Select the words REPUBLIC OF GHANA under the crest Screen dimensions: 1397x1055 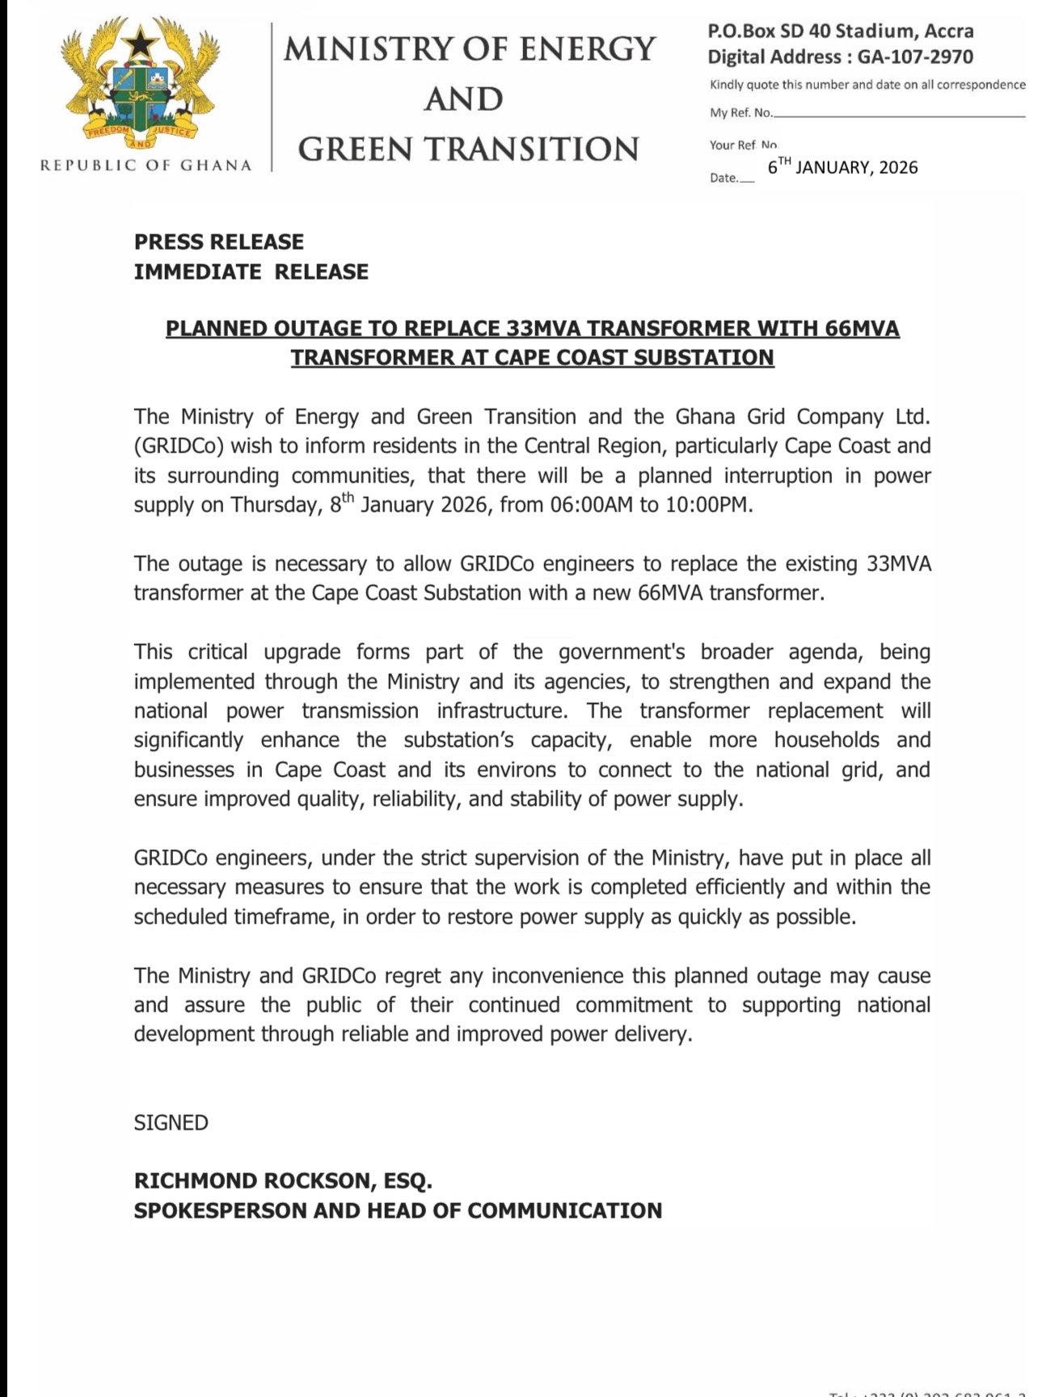(x=146, y=166)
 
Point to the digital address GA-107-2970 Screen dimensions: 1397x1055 (x=915, y=57)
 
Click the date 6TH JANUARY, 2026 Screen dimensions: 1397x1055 (x=842, y=167)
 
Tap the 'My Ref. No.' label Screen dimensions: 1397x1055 (x=741, y=113)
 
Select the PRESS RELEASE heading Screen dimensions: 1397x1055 (x=219, y=242)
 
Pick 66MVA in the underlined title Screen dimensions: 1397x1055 (x=862, y=329)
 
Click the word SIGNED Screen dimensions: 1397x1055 (x=171, y=1123)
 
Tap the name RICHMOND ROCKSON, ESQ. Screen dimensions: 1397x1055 (x=283, y=1181)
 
